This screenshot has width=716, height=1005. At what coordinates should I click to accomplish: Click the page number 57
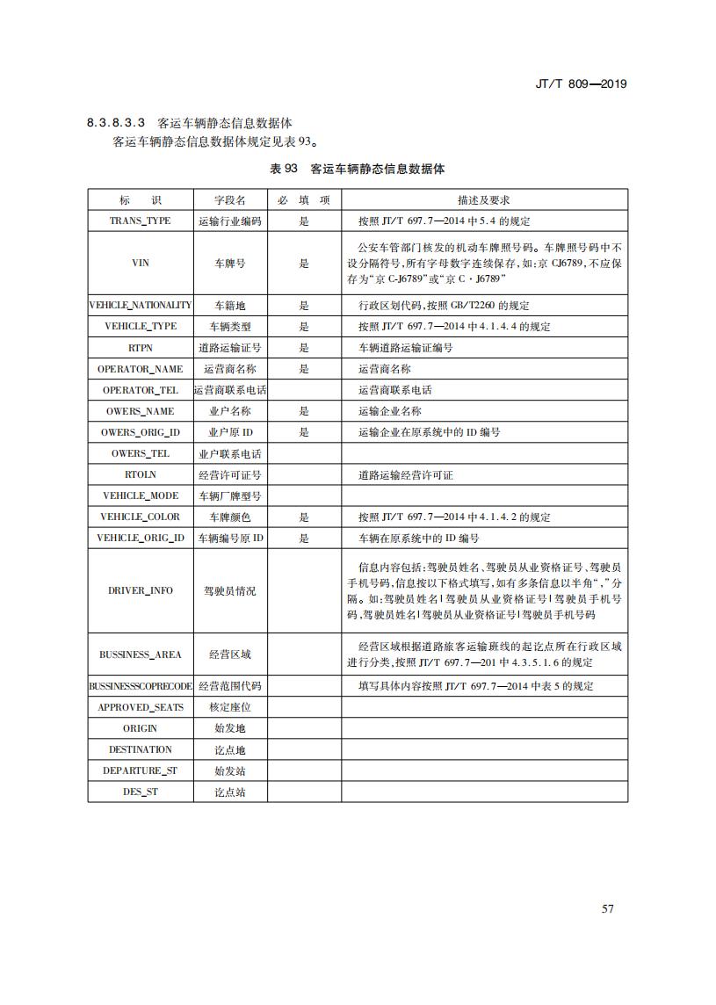coord(607,907)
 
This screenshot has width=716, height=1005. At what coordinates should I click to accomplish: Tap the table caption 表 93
coord(284,168)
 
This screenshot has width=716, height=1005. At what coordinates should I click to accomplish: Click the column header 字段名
coord(230,200)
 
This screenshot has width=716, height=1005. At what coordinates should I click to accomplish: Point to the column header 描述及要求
coord(483,200)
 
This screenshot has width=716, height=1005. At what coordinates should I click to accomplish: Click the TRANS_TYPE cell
coord(140,221)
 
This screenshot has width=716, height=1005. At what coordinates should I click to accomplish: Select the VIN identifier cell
coord(140,263)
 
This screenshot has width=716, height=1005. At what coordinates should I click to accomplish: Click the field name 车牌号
coord(230,263)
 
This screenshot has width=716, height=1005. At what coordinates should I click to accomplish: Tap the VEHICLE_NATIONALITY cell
coord(140,306)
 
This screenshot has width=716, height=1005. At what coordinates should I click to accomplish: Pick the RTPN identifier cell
coord(140,348)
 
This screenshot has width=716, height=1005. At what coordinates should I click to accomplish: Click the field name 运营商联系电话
coord(230,390)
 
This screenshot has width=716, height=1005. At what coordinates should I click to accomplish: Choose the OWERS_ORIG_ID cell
coord(140,432)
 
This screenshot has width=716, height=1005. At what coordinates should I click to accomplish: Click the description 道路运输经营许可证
coord(406,475)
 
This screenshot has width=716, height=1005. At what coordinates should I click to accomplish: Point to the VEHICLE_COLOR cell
coord(140,517)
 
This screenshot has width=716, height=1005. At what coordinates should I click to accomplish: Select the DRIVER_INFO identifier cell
coord(140,590)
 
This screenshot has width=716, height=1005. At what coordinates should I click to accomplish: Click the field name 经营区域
coord(230,654)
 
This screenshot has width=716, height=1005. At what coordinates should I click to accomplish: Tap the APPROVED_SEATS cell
coord(140,707)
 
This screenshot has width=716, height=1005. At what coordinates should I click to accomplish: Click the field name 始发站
coord(230,770)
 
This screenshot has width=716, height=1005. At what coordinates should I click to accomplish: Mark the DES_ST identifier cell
coord(140,792)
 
